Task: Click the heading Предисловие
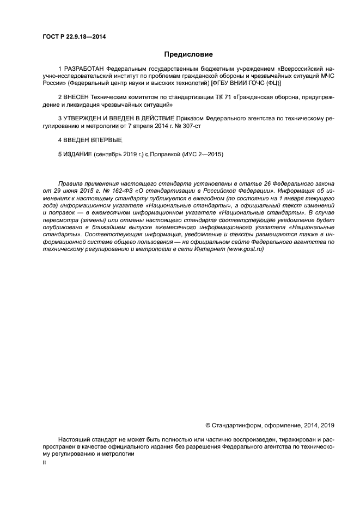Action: [x=188, y=54]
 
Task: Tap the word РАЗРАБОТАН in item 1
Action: [x=84, y=70]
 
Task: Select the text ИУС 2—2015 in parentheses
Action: [x=203, y=154]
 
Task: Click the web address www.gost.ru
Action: [x=246, y=249]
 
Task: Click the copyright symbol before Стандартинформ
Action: [x=208, y=425]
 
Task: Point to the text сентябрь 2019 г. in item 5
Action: [x=117, y=154]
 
